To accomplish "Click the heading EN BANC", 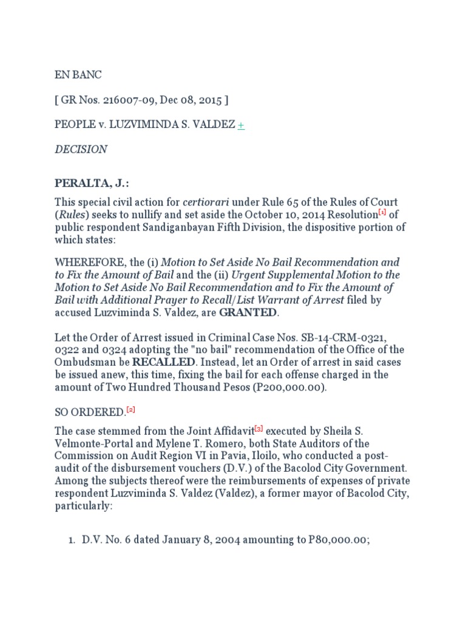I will [78, 75].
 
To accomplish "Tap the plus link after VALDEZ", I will [241, 125].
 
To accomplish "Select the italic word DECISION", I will [81, 149].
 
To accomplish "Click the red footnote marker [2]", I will [130, 410].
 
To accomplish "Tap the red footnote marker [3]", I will [259, 429].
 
